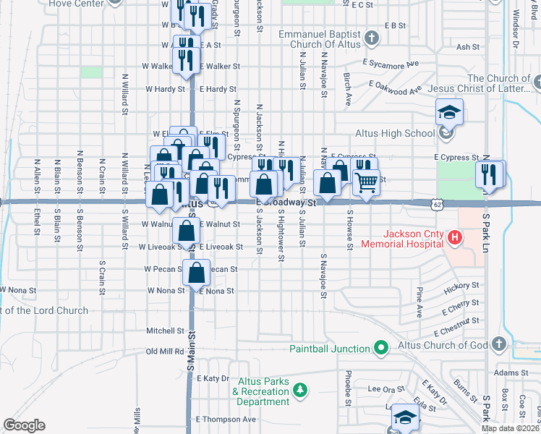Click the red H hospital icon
(454, 237)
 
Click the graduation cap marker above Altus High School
(449, 112)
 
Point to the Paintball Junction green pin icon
(381, 349)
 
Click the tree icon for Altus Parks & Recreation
(301, 391)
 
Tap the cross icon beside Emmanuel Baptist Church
(371, 38)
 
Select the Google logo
(24, 425)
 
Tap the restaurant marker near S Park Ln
(490, 174)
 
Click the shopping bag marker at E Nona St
(196, 274)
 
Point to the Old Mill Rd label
(165, 351)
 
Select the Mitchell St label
(166, 331)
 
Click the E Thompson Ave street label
(226, 419)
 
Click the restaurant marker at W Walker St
(186, 61)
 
